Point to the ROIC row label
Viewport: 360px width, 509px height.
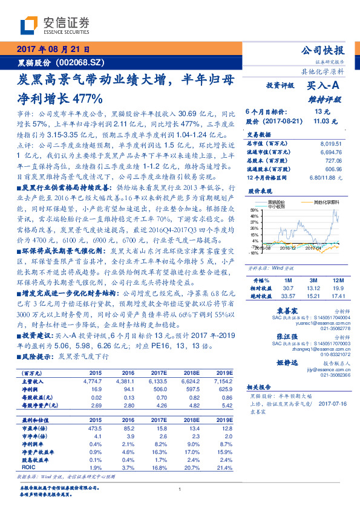(30, 468)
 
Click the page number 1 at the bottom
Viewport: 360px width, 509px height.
(180, 490)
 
